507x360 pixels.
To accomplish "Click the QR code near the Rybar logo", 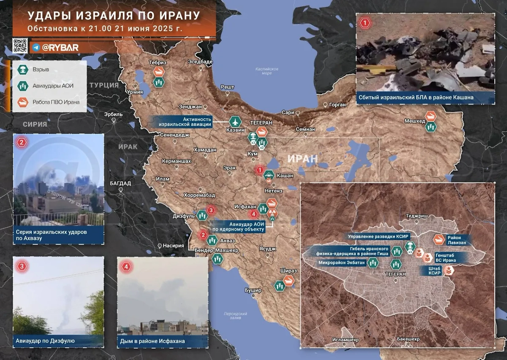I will pos(20,46).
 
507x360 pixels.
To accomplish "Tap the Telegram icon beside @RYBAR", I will pos(36,47).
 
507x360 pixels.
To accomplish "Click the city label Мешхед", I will pos(415,121).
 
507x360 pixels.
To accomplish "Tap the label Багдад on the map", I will pos(120,183).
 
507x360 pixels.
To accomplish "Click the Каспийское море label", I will pos(267,71).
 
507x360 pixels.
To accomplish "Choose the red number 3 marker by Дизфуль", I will pos(212,210).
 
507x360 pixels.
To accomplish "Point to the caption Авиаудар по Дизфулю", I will pos(46,341).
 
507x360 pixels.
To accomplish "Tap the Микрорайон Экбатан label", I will pos(342,262).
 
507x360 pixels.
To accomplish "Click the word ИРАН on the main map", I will pos(302,159).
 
